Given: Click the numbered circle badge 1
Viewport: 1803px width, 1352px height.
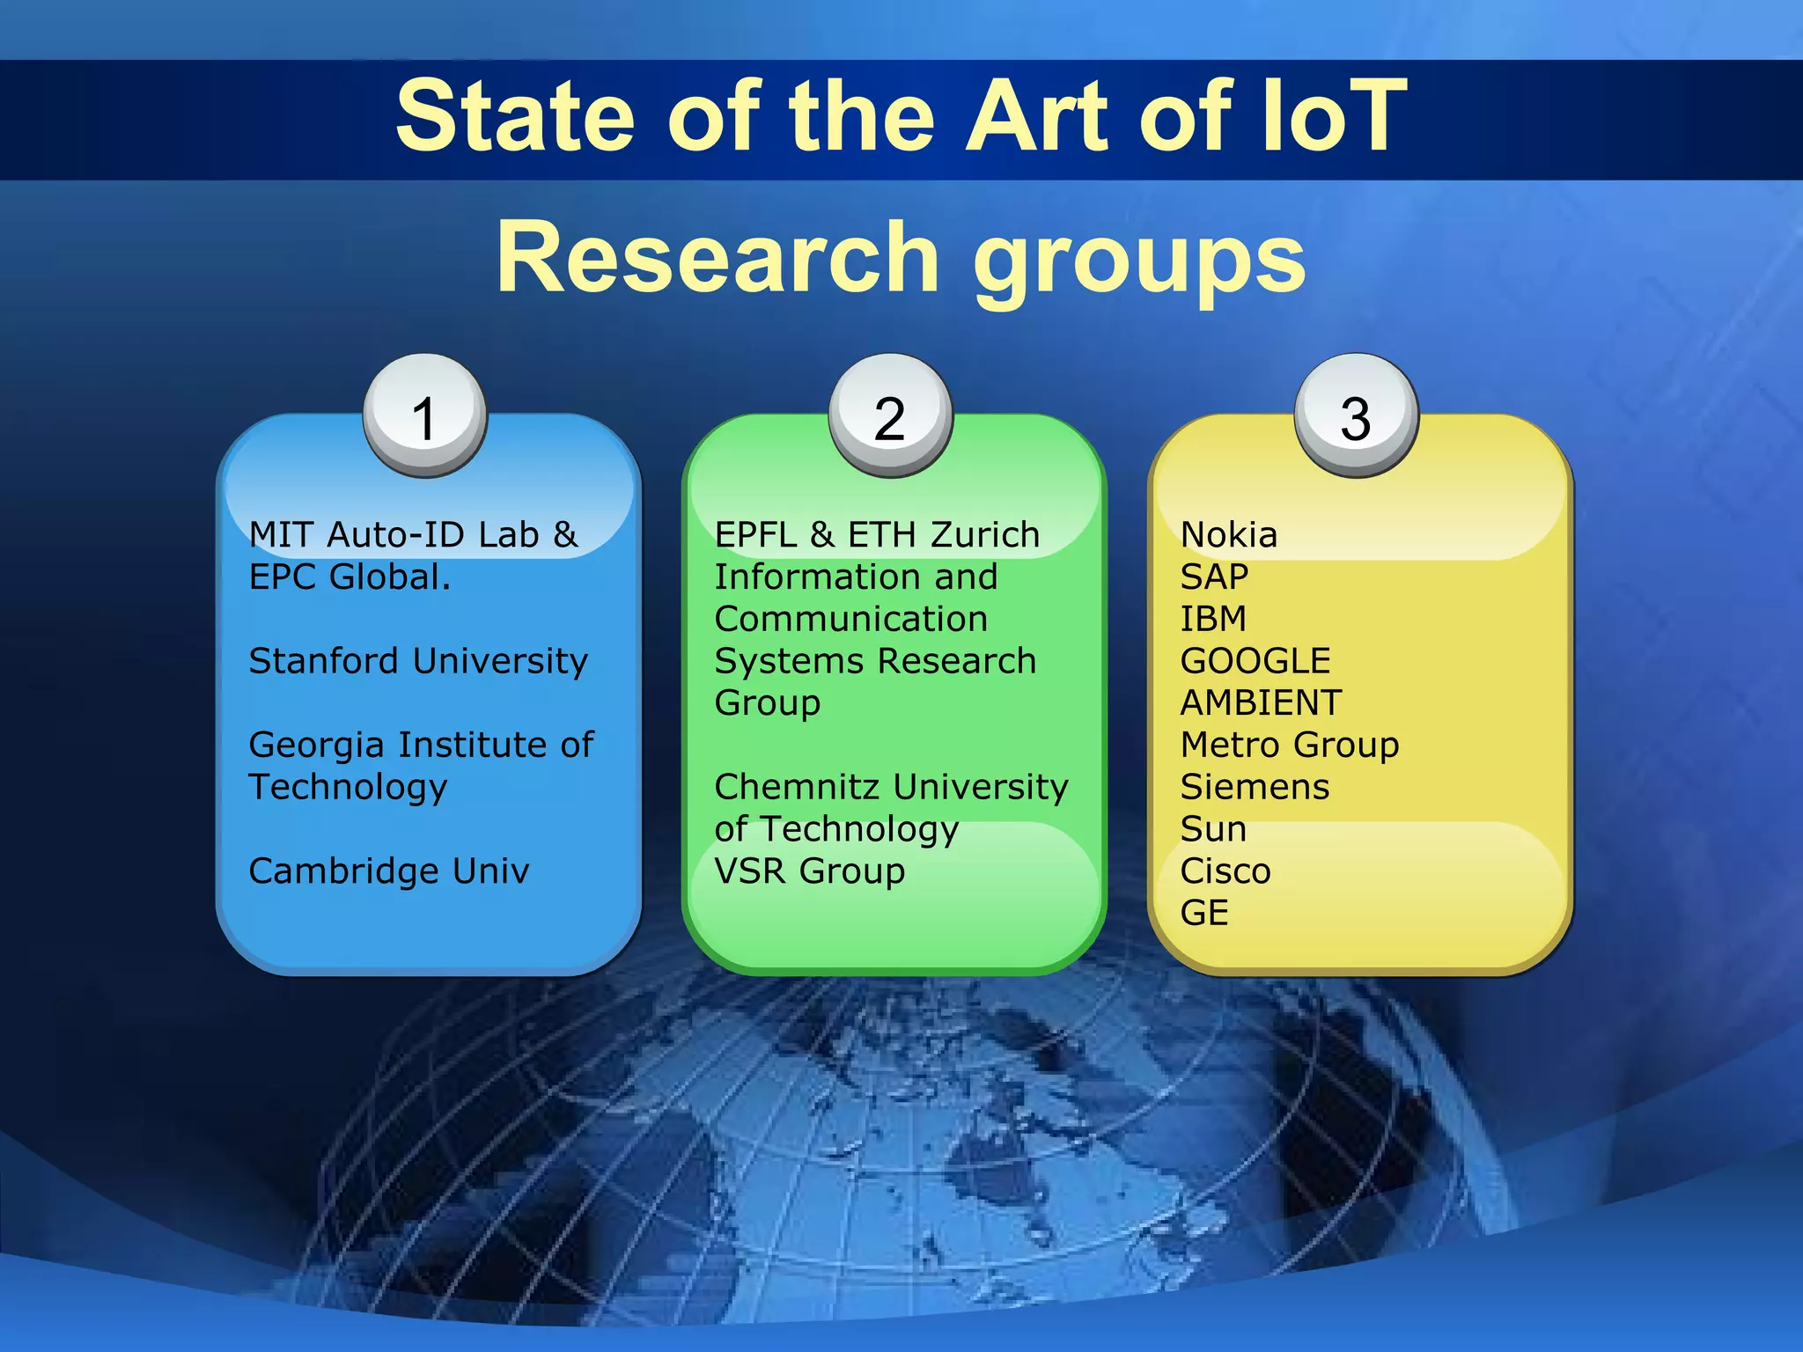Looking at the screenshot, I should [425, 415].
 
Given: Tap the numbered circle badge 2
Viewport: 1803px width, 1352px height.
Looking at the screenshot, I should [890, 415].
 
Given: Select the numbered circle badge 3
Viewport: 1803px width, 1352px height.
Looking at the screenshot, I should [1356, 415].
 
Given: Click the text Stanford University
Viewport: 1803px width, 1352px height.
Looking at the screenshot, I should [418, 661].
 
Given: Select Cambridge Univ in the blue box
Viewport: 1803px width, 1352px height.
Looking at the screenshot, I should [389, 871].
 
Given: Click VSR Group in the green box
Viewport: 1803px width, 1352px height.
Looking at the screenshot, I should [809, 871].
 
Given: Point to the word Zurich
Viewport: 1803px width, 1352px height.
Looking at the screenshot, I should [985, 534].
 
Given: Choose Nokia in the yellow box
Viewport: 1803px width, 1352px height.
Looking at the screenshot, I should [1228, 534].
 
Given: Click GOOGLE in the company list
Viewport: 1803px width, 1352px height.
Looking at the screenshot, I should [1255, 661].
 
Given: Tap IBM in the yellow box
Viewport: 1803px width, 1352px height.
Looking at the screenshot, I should [1213, 619].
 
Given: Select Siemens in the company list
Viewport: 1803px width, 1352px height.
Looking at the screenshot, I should [1255, 786].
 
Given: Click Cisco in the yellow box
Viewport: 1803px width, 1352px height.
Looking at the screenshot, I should [1225, 871].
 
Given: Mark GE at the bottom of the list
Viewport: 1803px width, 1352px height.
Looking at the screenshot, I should [1203, 913].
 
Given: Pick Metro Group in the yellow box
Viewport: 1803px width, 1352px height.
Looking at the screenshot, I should [1290, 745].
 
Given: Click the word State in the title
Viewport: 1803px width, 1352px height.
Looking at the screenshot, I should [515, 115].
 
